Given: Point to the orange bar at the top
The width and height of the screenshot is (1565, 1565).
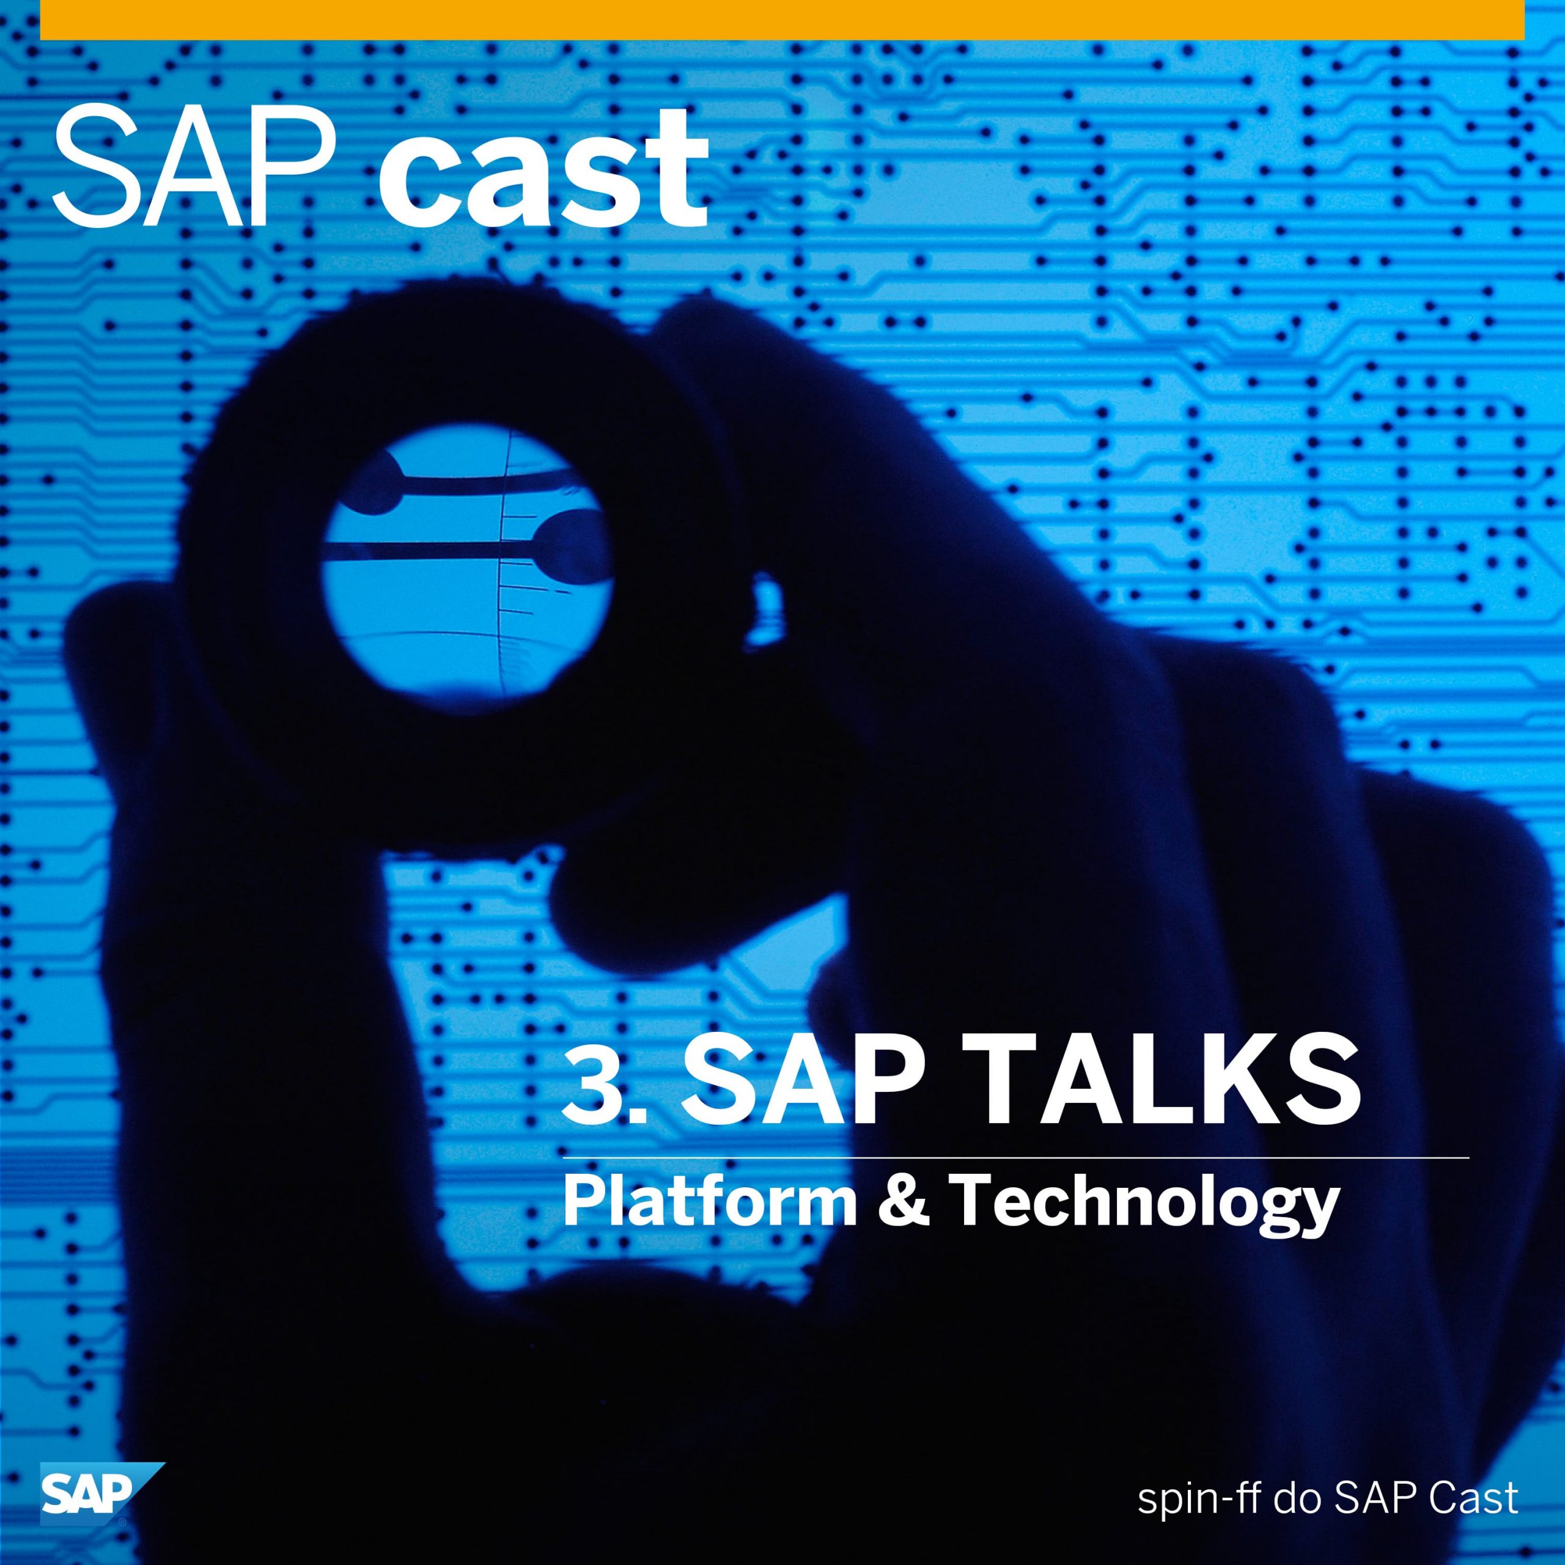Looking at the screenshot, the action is pos(782,20).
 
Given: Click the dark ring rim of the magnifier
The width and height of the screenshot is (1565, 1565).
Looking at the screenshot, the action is pos(251,567).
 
